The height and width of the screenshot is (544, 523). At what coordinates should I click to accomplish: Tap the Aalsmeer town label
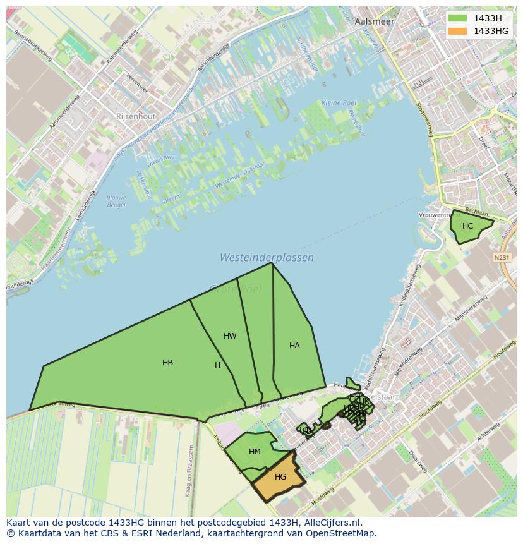click(x=375, y=21)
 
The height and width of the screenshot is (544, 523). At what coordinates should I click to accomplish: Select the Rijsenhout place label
click(x=136, y=116)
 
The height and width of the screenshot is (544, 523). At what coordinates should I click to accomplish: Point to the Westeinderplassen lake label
click(x=267, y=258)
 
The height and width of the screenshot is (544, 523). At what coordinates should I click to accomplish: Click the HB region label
click(x=167, y=363)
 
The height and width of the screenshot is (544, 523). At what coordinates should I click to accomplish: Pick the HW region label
click(x=230, y=336)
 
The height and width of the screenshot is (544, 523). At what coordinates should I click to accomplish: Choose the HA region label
click(x=294, y=346)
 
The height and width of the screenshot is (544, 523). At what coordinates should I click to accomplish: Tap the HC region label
click(x=467, y=226)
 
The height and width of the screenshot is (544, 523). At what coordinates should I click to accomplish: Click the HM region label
click(x=255, y=452)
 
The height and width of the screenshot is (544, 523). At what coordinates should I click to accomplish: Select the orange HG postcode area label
click(x=280, y=477)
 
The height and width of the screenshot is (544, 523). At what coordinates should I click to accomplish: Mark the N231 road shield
click(x=502, y=257)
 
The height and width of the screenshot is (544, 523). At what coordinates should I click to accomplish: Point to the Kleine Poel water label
click(x=339, y=103)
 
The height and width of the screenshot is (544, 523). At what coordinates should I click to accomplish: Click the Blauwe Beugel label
click(x=116, y=201)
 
